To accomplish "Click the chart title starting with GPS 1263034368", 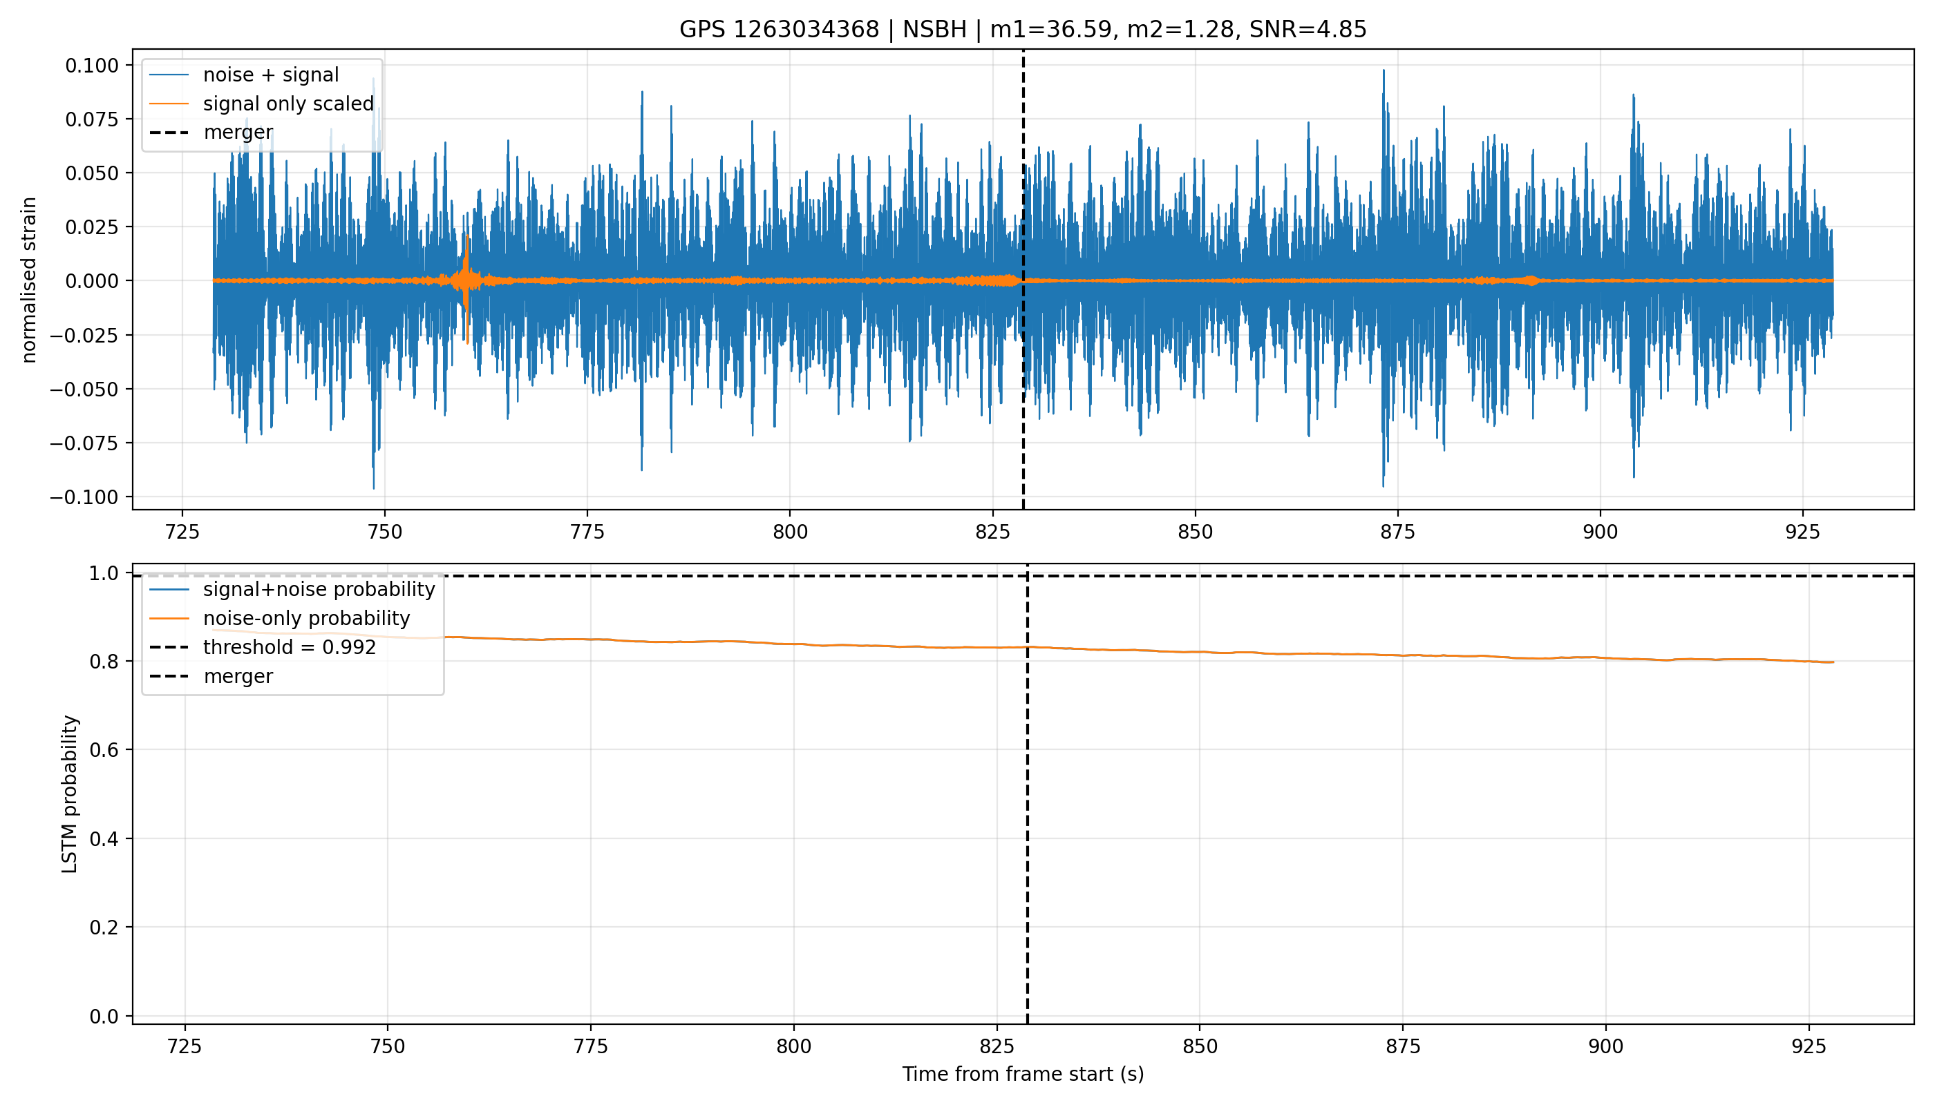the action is pyautogui.click(x=1022, y=30).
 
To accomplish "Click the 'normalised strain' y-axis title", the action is pyautogui.click(x=29, y=280).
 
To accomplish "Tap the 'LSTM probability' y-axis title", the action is pyautogui.click(x=70, y=794).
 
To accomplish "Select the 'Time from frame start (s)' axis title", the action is pyautogui.click(x=1023, y=1074).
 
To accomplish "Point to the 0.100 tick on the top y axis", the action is pyautogui.click(x=92, y=66).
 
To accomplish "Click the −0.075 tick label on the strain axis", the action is pyautogui.click(x=84, y=443).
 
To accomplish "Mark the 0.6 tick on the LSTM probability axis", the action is pyautogui.click(x=104, y=750).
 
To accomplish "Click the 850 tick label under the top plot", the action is pyautogui.click(x=1196, y=532).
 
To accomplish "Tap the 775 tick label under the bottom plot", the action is pyautogui.click(x=590, y=1046).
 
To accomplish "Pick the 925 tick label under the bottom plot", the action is pyautogui.click(x=1808, y=1046).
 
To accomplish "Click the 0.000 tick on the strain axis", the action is pyautogui.click(x=92, y=281).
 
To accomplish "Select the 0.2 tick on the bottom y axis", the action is pyautogui.click(x=104, y=928).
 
